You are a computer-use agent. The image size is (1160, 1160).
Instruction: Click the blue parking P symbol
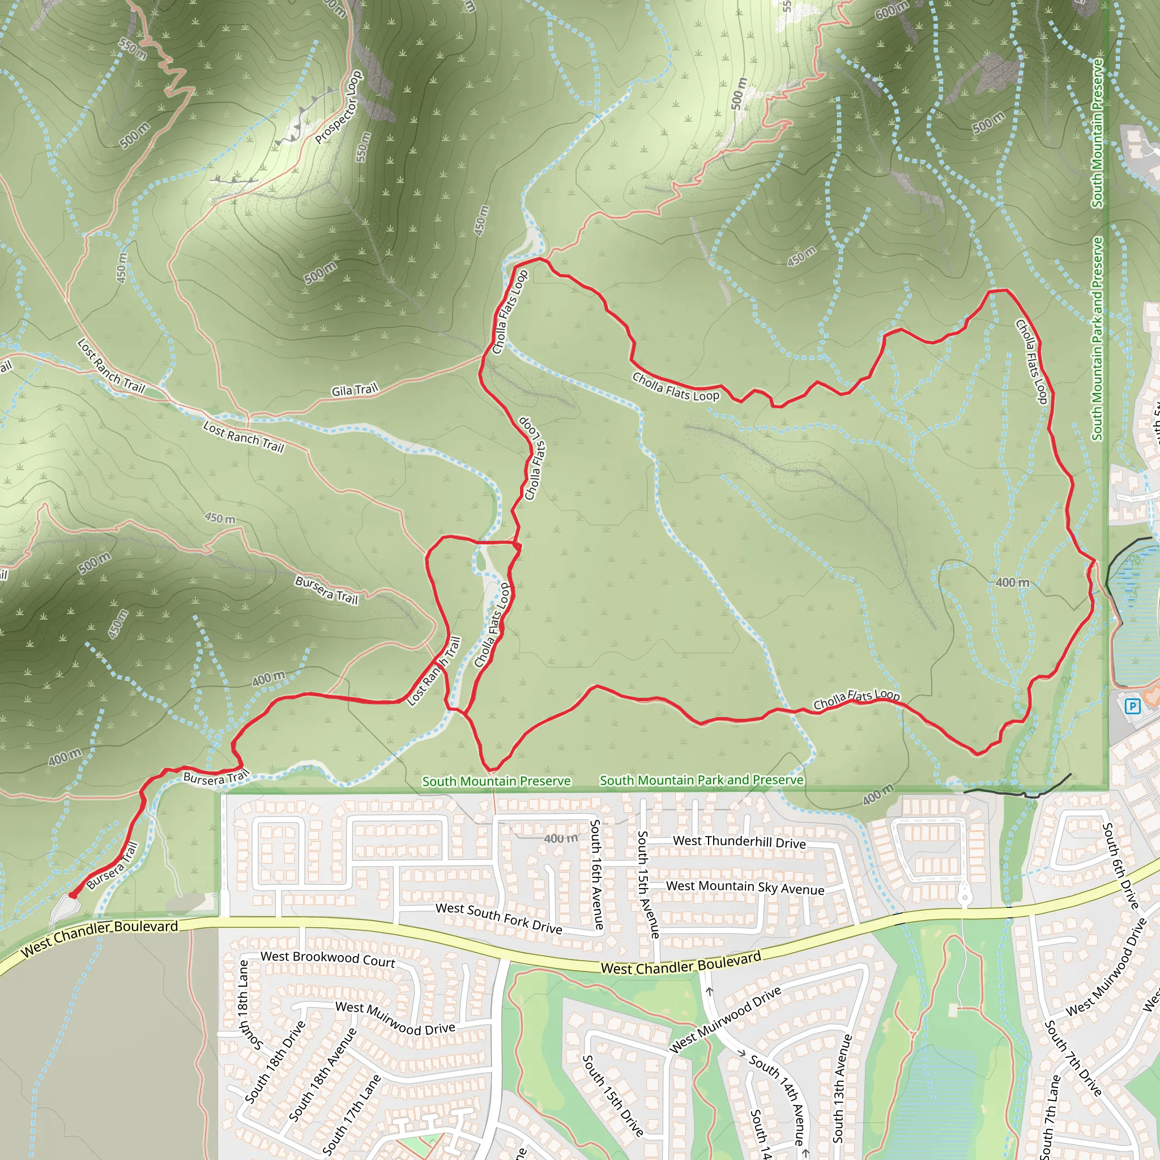(x=1132, y=706)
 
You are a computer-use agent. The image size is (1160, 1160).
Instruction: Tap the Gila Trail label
(x=355, y=390)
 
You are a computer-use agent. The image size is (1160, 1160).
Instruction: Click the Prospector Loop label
(x=339, y=108)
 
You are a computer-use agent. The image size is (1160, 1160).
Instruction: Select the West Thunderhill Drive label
(x=739, y=842)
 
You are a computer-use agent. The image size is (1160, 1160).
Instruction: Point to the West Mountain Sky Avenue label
(x=745, y=888)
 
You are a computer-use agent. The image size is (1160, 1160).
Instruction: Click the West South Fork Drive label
(x=499, y=918)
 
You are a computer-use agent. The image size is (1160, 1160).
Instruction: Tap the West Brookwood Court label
(x=328, y=959)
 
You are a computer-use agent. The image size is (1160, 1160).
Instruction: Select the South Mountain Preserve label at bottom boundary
(x=497, y=781)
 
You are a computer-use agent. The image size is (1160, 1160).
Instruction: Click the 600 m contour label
(x=892, y=10)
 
